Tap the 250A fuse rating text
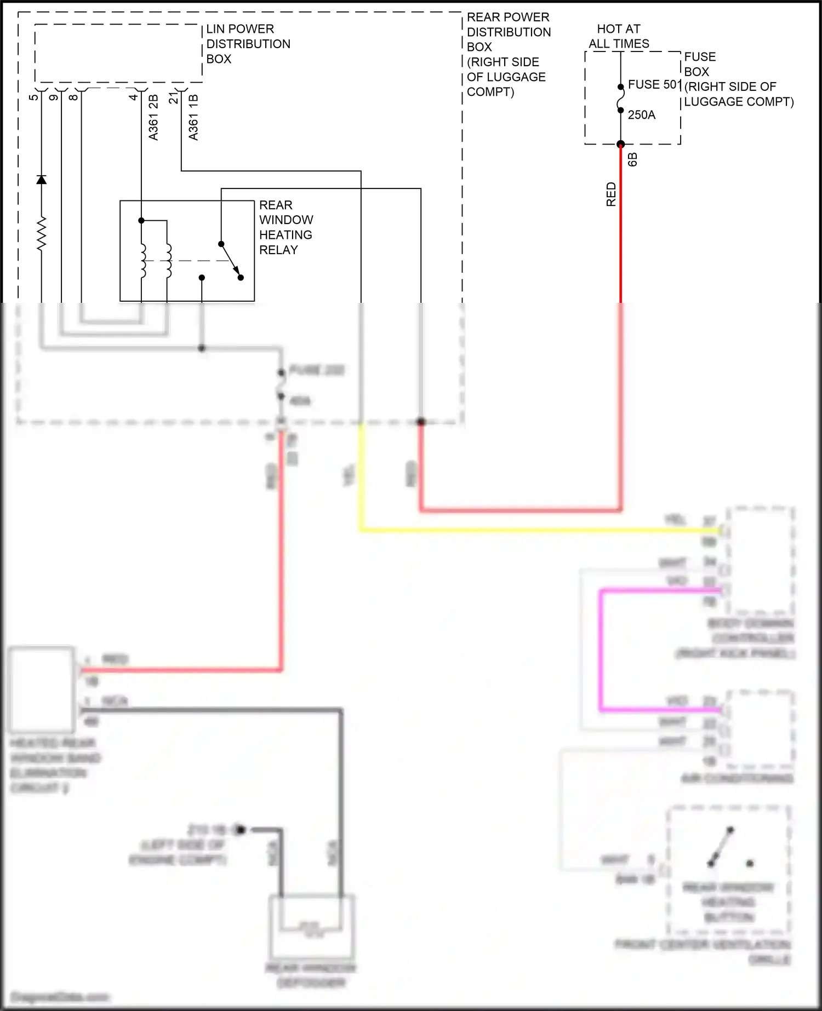coord(641,115)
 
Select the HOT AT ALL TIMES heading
coord(619,36)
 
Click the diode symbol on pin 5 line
coord(41,180)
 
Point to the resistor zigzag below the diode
coord(41,234)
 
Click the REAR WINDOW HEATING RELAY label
coord(286,227)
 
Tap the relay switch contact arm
coord(230,260)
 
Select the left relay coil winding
coord(142,260)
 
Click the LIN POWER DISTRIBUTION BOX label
coord(248,44)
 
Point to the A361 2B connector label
coord(153,117)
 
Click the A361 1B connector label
coord(193,117)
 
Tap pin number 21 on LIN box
coord(173,98)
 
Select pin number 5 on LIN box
coord(33,97)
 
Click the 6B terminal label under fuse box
coord(632,159)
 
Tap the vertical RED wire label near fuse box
coord(611,194)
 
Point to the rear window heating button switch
coord(721,848)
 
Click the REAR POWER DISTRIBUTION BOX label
coord(508,54)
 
